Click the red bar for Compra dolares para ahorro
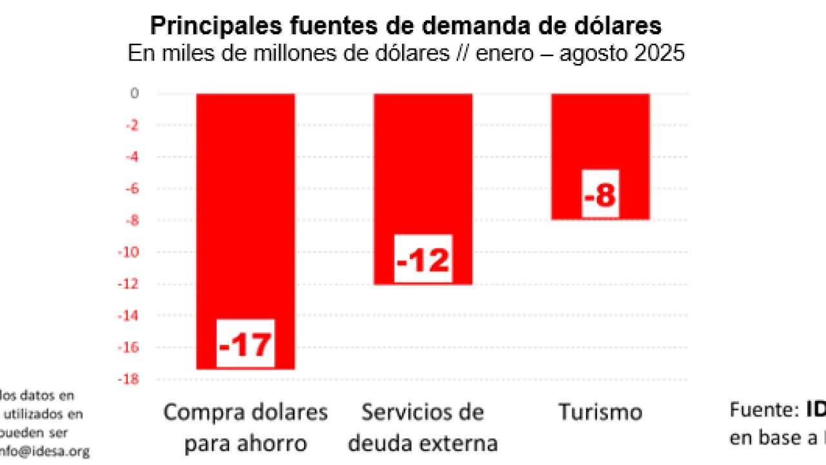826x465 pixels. pos(246,207)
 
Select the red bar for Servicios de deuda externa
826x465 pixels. pos(423,161)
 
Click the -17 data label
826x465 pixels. pos(246,344)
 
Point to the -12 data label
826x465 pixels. pos(423,259)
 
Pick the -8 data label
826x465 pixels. pos(600,194)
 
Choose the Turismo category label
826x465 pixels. pos(600,412)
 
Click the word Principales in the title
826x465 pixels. pos(206,26)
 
